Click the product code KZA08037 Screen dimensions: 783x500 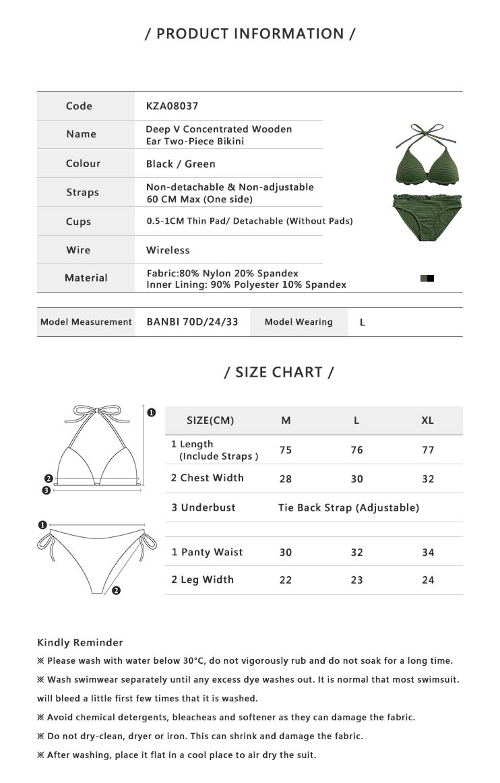click(x=172, y=106)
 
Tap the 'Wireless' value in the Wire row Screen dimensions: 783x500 click(x=168, y=250)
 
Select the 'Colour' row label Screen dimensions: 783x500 click(x=83, y=164)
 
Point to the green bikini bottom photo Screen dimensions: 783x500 click(x=427, y=216)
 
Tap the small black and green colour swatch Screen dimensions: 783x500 click(x=427, y=278)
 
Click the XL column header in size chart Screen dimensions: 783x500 click(x=427, y=420)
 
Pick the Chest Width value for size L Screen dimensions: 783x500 click(x=356, y=479)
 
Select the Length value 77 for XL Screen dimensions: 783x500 click(x=428, y=450)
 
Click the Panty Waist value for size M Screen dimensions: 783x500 click(x=286, y=553)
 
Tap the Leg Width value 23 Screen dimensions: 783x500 click(x=356, y=580)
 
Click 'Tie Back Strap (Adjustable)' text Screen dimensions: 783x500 click(x=348, y=507)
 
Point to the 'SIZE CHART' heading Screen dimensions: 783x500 click(x=279, y=372)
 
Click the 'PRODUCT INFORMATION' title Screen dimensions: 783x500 click(x=250, y=34)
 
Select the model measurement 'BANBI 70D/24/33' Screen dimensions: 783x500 click(x=192, y=322)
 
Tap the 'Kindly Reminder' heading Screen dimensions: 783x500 click(x=80, y=642)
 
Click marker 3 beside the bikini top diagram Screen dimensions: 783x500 click(x=46, y=491)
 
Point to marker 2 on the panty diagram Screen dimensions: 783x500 click(x=116, y=591)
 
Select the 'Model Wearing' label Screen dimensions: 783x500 click(x=299, y=322)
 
